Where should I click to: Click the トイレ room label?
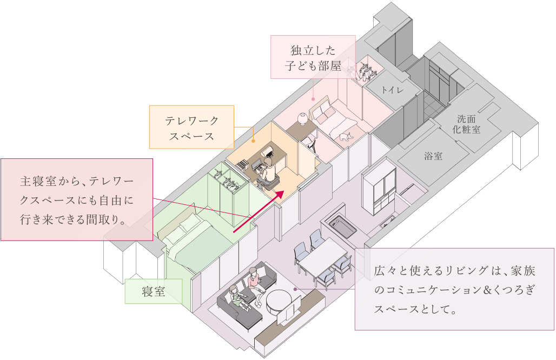pyautogui.click(x=392, y=90)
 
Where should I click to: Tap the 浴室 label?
pyautogui.click(x=433, y=156)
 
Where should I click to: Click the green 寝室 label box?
pyautogui.click(x=154, y=292)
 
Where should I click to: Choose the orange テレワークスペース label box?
pyautogui.click(x=191, y=127)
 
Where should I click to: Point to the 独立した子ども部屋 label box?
pyautogui.click(x=313, y=57)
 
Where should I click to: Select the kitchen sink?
pyautogui.click(x=339, y=224)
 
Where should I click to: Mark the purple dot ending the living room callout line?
pyautogui.click(x=295, y=289)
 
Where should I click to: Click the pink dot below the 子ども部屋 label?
pyautogui.click(x=313, y=99)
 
